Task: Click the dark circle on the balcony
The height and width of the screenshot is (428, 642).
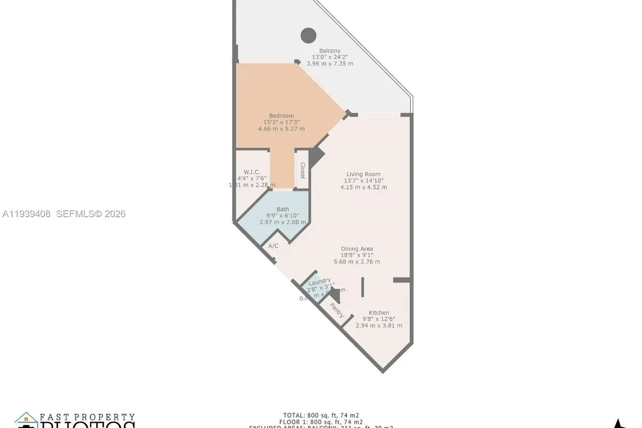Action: coord(308,36)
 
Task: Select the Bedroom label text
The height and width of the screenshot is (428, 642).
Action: coord(281,116)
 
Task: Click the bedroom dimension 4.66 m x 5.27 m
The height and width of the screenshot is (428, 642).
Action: coord(281,128)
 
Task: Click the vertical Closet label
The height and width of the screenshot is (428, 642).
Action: coord(302,170)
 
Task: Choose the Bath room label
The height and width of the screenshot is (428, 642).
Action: coord(282,209)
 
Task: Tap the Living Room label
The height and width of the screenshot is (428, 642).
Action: coord(363,174)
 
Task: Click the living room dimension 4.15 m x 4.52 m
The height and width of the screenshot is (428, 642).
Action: coord(363,187)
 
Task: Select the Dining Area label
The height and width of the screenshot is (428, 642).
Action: coord(357,249)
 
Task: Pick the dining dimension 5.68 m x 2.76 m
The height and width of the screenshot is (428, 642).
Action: coord(357,262)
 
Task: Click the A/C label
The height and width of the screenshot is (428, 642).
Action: coord(273,246)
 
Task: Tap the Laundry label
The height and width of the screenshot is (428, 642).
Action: coord(319,280)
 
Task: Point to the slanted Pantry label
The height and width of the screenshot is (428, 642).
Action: coord(337,310)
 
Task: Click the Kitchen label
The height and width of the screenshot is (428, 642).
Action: coord(379,312)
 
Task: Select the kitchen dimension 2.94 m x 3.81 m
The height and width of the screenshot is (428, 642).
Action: coord(379,325)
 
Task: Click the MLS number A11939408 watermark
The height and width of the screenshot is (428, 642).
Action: coord(27,214)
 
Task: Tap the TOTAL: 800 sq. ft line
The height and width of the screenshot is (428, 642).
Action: coord(321,415)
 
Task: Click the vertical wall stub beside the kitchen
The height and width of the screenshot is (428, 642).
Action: coord(362,287)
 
